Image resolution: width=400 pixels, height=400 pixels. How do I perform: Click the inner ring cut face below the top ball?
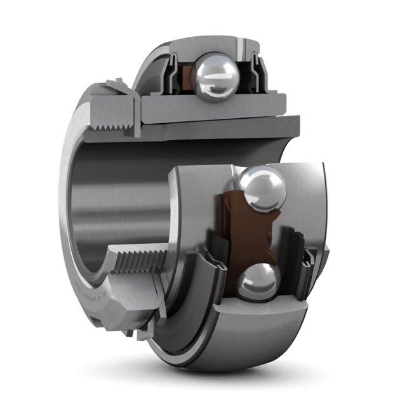pos(210,104)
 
